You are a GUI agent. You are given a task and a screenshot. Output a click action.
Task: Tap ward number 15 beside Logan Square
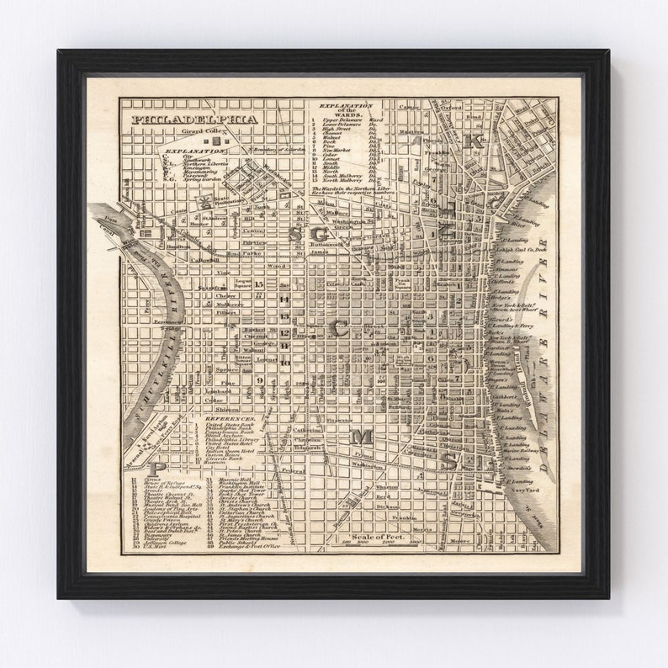(259, 284)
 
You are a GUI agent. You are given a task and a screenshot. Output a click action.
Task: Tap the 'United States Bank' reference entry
(226, 426)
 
